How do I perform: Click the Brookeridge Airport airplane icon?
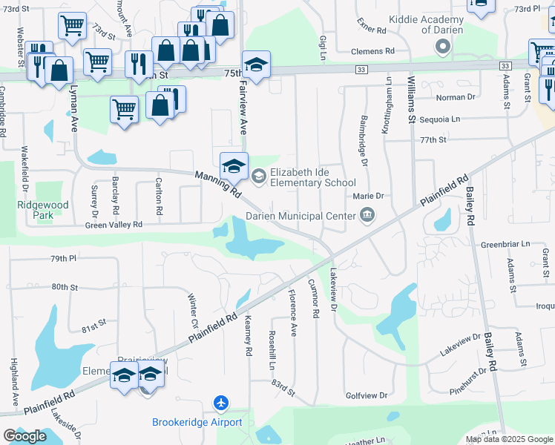pos(220,403)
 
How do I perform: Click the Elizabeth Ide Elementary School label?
pos(312,177)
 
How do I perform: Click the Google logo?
pos(24,436)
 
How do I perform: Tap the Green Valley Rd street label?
pos(114,225)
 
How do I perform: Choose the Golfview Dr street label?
pos(367,396)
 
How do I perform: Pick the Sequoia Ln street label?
pos(440,119)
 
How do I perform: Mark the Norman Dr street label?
pos(456,97)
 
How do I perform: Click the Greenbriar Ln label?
pos(505,243)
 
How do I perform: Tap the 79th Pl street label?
pos(64,259)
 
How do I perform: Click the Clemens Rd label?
pos(374,51)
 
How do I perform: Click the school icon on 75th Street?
pos(256,65)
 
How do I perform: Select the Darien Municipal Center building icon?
pos(367,216)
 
